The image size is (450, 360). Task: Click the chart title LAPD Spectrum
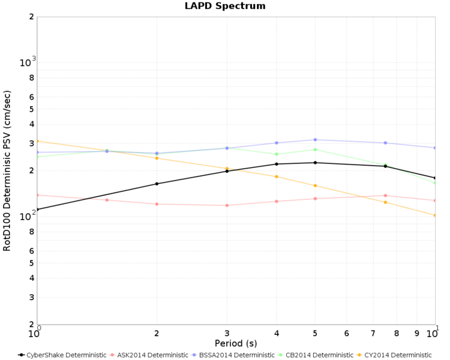pos(225,6)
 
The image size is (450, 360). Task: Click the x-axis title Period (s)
pos(236,343)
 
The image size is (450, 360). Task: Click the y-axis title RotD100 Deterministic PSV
pos(7,170)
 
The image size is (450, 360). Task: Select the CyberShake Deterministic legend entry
pos(62,355)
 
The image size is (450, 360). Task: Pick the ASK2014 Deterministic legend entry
pos(149,355)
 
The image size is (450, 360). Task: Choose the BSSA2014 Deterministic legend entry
pos(233,355)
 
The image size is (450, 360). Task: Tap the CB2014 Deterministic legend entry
pos(316,355)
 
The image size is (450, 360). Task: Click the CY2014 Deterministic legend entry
pos(394,355)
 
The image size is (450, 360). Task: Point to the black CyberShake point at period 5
pos(315,163)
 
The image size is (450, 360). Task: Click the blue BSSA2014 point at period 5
pos(315,140)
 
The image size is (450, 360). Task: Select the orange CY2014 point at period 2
pos(157,158)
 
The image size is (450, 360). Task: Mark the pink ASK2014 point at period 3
pos(227,206)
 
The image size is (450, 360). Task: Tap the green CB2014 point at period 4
pos(277,154)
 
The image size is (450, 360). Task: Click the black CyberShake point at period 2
pos(157,184)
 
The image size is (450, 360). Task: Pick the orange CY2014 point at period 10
pos(435,215)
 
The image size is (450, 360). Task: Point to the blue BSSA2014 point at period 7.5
pos(385,143)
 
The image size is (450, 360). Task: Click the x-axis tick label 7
pos(373,334)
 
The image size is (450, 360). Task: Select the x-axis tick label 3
pos(227,334)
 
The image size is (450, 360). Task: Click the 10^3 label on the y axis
pos(28,61)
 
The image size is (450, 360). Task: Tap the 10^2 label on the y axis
pos(28,215)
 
